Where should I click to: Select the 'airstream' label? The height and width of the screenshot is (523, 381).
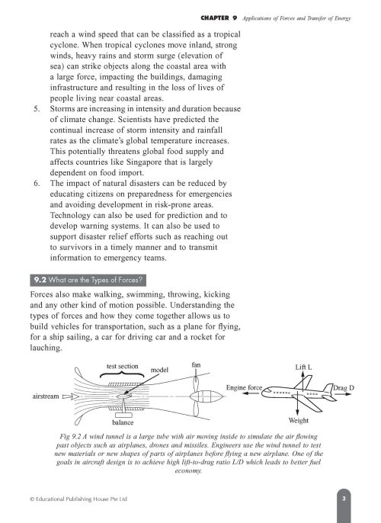(46, 397)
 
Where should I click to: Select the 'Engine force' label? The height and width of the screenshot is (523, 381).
(245, 388)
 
